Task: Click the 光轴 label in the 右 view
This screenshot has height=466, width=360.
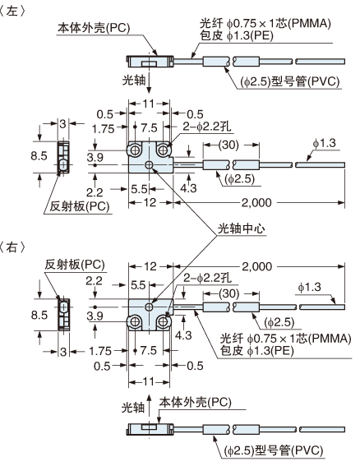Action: pos(132,406)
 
